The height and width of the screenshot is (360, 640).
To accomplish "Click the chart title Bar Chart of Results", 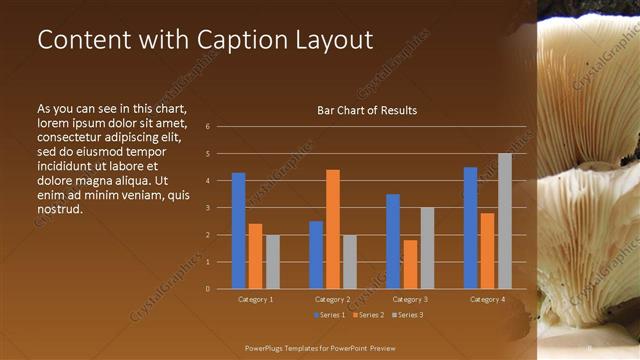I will click(361, 110).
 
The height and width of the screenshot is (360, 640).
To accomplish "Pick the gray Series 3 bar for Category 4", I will click(505, 221).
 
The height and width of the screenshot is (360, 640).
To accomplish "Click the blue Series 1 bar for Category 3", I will click(393, 241).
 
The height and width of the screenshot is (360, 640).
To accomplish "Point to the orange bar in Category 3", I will click(410, 264).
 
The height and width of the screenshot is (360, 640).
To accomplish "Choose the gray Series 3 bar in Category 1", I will click(273, 261).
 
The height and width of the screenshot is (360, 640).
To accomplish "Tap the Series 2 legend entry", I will click(366, 315).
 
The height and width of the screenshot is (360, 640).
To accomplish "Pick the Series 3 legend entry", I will click(407, 315).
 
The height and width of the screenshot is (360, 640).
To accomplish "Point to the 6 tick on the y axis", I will click(207, 127).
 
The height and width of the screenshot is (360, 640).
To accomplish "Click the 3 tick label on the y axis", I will click(207, 208).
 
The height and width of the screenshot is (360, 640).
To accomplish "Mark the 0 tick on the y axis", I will click(207, 289).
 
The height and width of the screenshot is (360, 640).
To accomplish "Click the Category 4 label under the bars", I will click(487, 299).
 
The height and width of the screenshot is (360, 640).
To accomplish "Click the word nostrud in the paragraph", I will click(59, 209).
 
